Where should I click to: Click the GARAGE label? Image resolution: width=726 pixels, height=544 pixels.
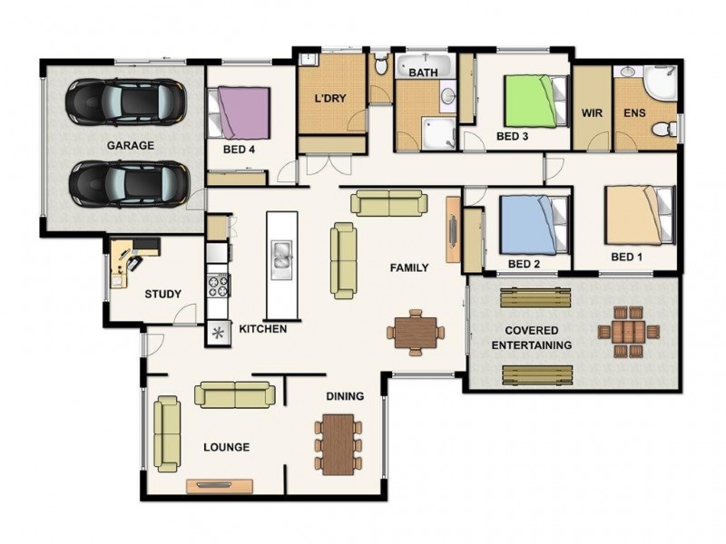pyautogui.click(x=131, y=145)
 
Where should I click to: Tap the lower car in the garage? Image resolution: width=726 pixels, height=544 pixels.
pyautogui.click(x=128, y=182)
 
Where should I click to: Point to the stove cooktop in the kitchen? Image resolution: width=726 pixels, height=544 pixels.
pyautogui.click(x=218, y=286)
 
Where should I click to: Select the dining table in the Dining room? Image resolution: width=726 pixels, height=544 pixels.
pyautogui.click(x=338, y=443)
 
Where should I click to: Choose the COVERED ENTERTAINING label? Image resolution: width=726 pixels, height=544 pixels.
pyautogui.click(x=532, y=337)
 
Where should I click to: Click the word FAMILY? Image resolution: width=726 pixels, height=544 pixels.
pyautogui.click(x=409, y=268)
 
